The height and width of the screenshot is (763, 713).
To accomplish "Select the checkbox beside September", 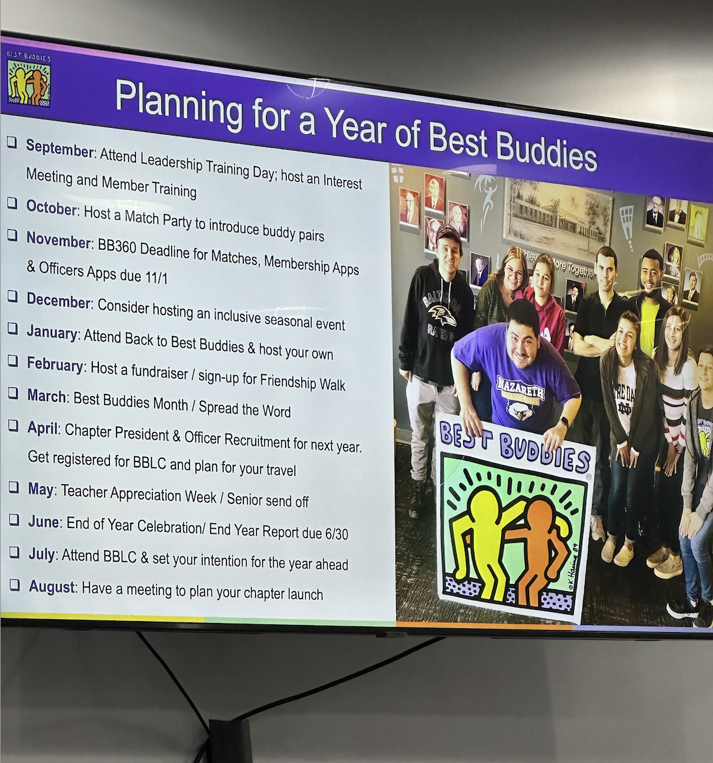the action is (x=12, y=142).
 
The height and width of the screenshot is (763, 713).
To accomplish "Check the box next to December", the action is (x=12, y=296).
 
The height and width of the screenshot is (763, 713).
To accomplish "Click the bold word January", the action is (x=52, y=332).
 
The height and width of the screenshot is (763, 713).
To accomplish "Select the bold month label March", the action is (x=47, y=396).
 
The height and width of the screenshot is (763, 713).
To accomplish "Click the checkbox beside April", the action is (x=14, y=426).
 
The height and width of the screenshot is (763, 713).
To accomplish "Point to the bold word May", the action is (x=40, y=488).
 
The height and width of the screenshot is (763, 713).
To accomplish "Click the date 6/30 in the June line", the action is (x=336, y=534).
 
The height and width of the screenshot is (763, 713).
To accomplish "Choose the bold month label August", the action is (x=52, y=587).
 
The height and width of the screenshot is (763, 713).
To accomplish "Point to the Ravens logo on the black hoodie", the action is (x=442, y=316).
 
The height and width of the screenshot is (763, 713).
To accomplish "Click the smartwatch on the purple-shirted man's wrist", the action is (x=564, y=422).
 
